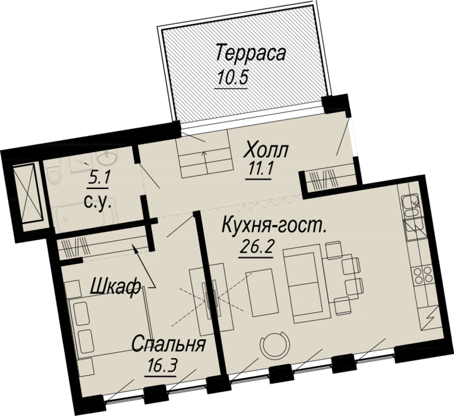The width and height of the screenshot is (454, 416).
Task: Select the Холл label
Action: point(266,150)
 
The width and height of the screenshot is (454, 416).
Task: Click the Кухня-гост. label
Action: point(273,225)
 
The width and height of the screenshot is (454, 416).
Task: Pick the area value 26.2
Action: point(256,247)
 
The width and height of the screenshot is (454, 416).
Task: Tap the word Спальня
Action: point(169,344)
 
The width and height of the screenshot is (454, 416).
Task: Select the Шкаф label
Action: point(115,287)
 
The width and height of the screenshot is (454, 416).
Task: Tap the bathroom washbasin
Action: point(108,158)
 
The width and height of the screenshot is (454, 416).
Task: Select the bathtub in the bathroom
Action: point(84,213)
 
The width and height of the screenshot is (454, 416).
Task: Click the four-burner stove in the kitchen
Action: point(423,275)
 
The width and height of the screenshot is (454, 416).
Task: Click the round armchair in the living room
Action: point(275,344)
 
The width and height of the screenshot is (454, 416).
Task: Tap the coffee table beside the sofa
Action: point(260,293)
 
